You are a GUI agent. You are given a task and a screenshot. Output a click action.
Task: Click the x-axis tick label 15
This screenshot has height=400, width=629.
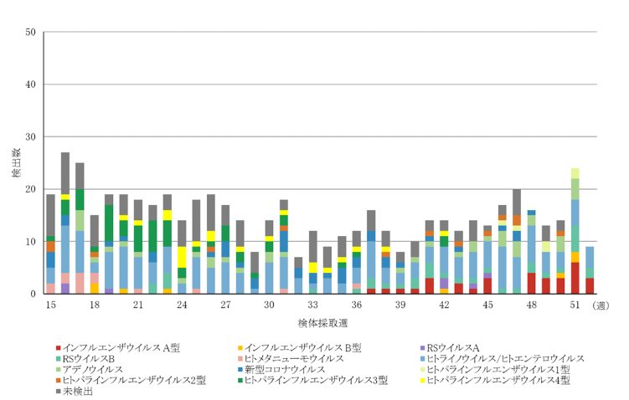[x=50, y=305]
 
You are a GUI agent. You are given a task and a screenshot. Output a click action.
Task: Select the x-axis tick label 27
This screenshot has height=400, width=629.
[x=225, y=305]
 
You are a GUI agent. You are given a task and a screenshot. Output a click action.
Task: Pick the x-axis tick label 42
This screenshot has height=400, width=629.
[x=444, y=305]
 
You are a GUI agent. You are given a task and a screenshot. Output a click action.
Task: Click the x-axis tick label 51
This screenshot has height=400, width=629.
[x=575, y=305]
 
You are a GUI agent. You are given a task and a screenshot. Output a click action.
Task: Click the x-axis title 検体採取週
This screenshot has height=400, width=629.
[x=322, y=322]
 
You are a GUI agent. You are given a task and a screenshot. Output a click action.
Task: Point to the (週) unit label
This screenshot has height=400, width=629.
[x=604, y=306]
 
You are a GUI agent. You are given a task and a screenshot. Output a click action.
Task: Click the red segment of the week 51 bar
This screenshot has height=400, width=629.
[x=575, y=278]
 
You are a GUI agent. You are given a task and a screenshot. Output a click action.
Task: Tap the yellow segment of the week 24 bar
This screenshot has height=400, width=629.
[x=182, y=257]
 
